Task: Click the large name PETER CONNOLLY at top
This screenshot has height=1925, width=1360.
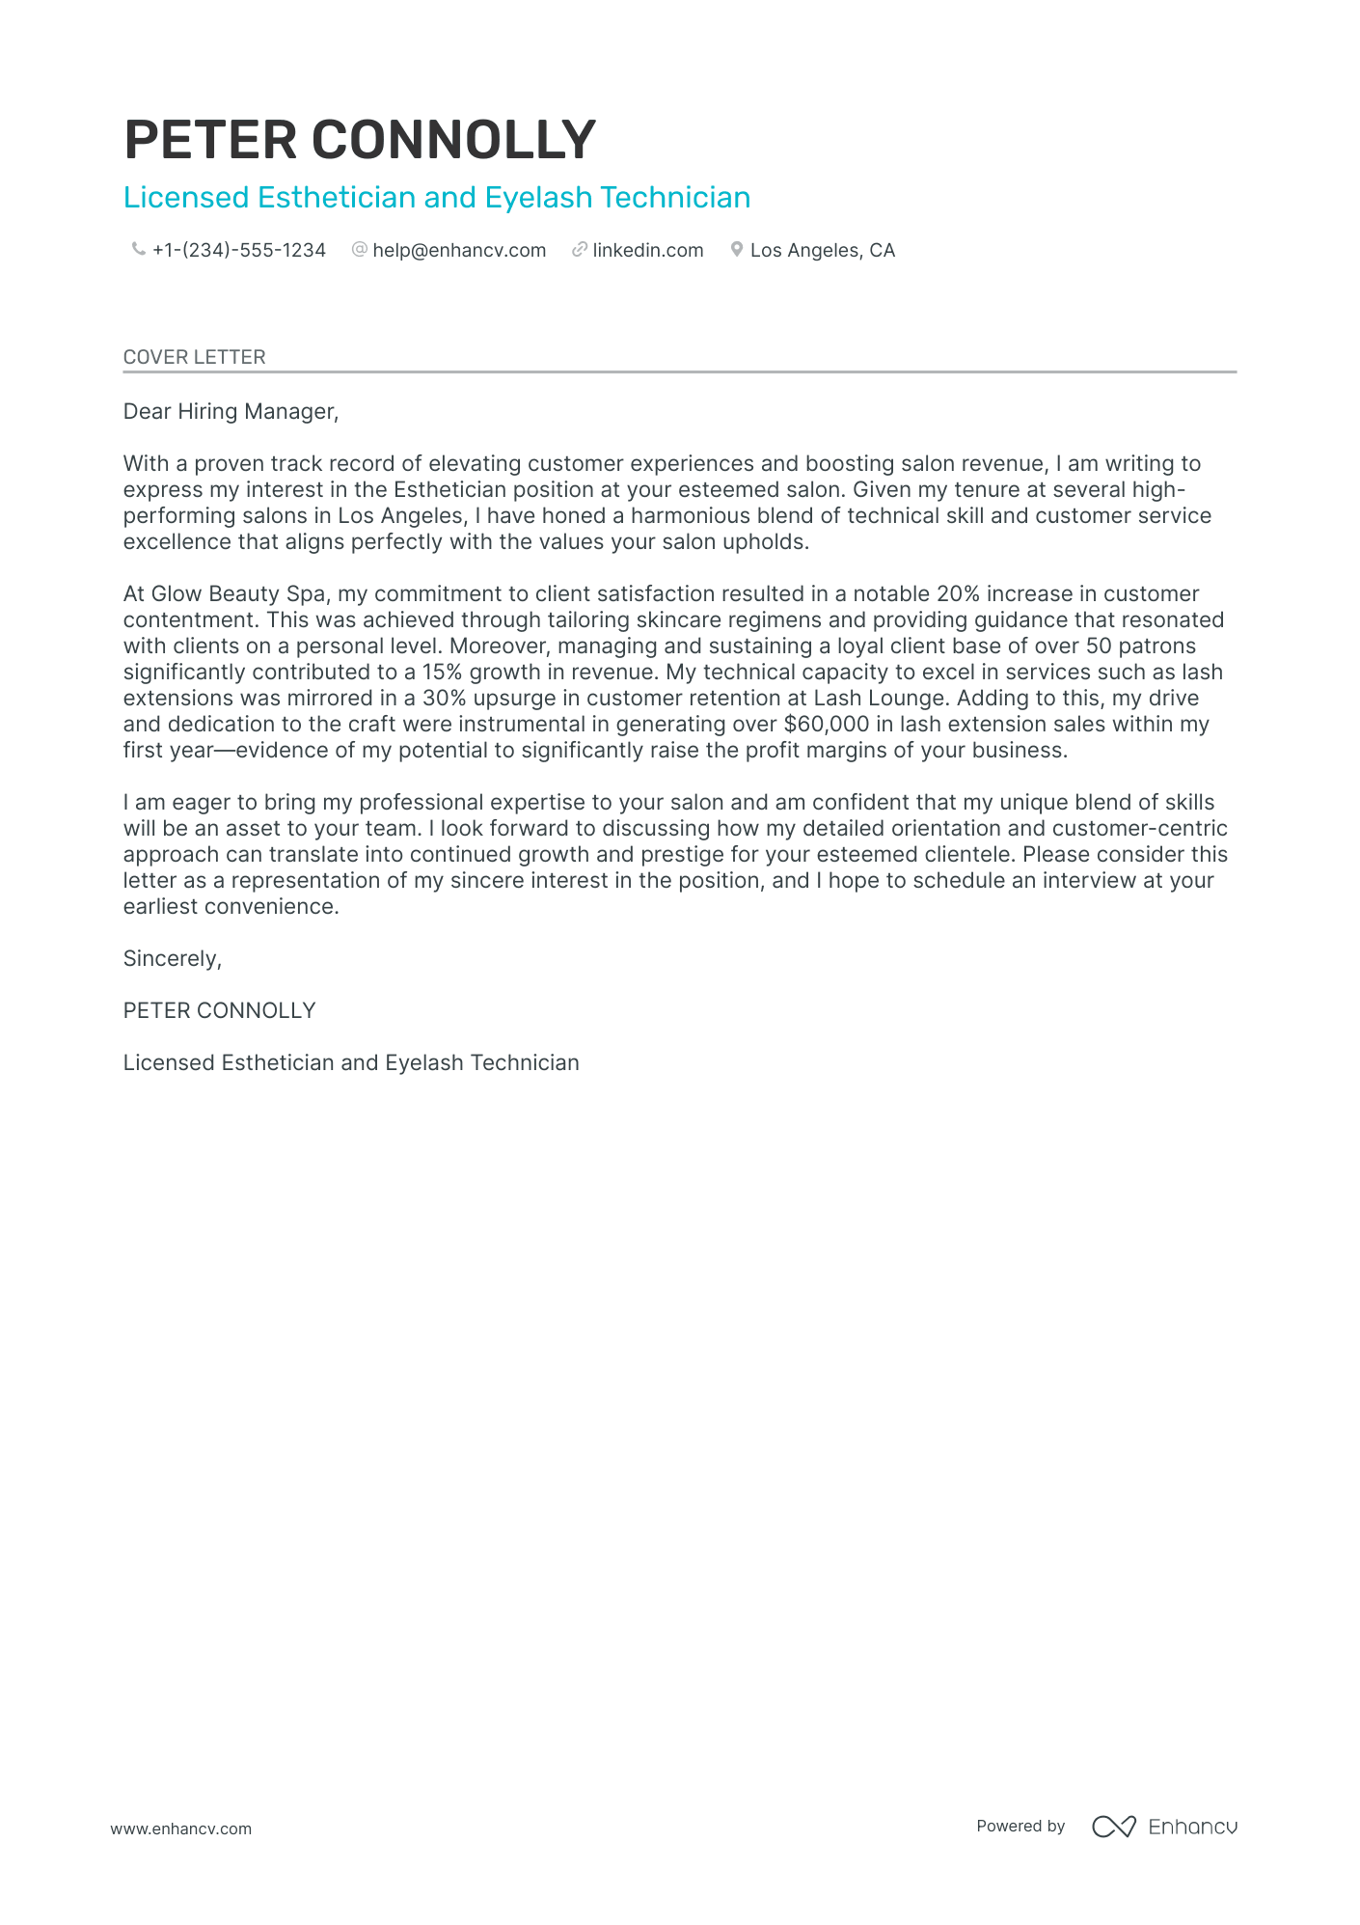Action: point(360,140)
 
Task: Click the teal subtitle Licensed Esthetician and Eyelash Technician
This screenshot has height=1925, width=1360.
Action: point(437,198)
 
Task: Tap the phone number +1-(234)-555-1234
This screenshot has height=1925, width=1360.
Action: point(238,251)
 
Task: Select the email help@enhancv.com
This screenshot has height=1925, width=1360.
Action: point(459,251)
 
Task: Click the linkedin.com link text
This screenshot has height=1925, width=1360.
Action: point(647,251)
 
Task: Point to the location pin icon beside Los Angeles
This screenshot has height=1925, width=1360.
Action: point(737,250)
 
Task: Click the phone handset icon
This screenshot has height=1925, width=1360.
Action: point(138,250)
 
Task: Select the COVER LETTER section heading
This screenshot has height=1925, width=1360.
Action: point(194,357)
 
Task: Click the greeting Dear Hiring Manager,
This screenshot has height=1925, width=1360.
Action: point(231,412)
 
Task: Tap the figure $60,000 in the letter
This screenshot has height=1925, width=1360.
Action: point(827,725)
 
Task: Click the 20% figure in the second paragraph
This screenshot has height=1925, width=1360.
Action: point(958,594)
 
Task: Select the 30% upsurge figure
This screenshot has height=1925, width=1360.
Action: point(445,699)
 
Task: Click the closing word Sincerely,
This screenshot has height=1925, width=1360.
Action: point(173,959)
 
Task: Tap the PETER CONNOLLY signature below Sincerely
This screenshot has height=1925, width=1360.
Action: point(219,1011)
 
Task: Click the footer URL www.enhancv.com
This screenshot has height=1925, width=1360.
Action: point(180,1829)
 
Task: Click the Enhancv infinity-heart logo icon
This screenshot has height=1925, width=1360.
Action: point(1113,1827)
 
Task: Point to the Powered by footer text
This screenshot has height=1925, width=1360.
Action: point(1020,1827)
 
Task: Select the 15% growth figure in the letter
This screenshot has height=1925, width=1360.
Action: point(443,673)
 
